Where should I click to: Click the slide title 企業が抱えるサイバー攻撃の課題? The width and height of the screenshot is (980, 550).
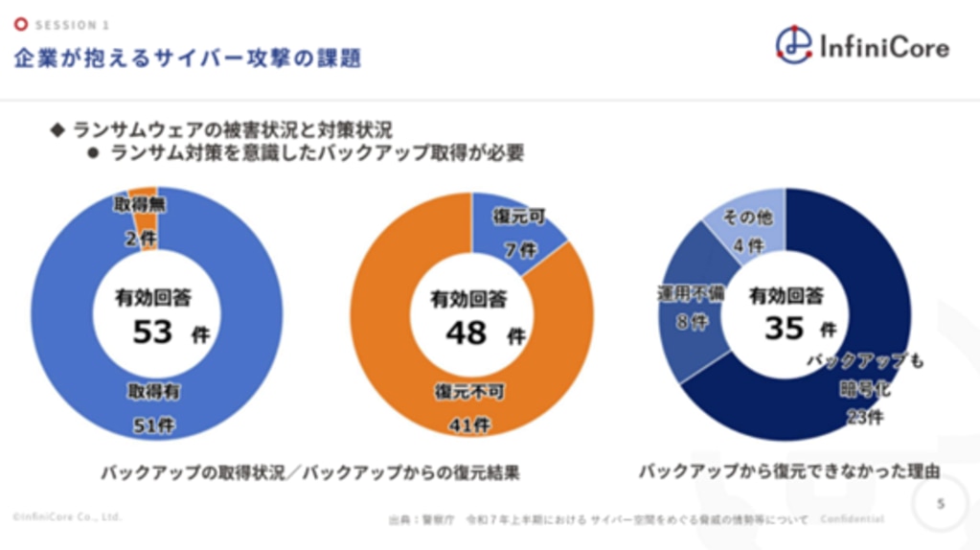tap(188, 58)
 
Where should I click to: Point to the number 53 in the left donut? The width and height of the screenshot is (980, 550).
tap(153, 332)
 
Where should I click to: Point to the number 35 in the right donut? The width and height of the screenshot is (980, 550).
tap(784, 329)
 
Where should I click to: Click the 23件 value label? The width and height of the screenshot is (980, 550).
tap(864, 417)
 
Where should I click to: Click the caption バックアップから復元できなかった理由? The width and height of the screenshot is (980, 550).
tap(788, 471)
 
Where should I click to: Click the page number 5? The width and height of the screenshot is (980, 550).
tap(940, 502)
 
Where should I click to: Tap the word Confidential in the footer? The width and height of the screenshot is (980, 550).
tap(853, 518)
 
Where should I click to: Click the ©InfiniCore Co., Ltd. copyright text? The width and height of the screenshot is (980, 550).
tap(66, 516)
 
